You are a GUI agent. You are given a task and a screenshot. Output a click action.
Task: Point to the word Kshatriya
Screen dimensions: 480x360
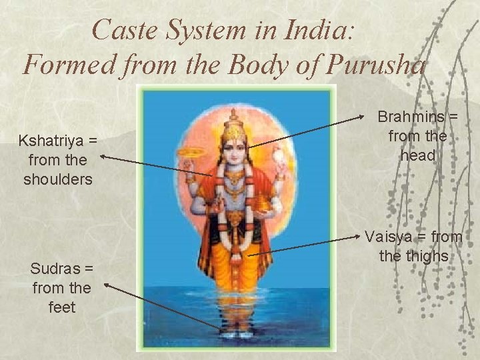click(57, 141)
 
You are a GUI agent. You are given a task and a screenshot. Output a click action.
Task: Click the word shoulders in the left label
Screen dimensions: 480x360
click(57, 179)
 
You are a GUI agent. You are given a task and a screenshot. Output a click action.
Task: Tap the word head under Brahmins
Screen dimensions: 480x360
click(418, 155)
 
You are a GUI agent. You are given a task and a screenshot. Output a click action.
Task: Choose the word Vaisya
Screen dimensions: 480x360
click(391, 237)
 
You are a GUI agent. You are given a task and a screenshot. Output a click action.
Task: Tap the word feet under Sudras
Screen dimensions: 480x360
click(61, 307)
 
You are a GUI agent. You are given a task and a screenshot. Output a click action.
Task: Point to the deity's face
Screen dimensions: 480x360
click(233, 150)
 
